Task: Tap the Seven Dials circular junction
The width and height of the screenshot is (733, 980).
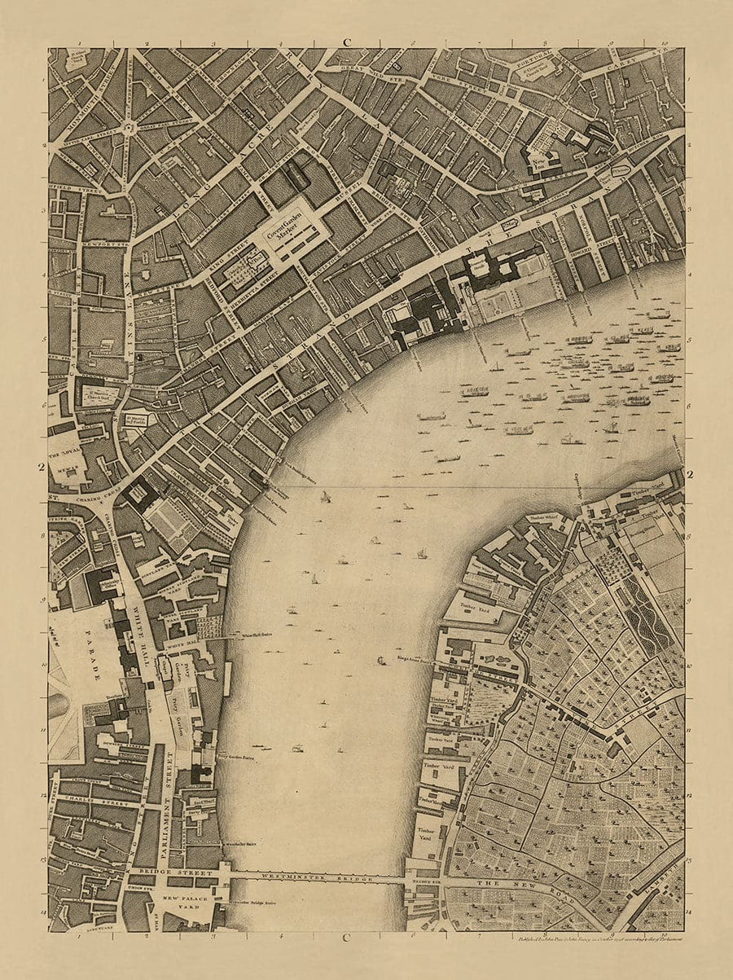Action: click(x=128, y=127)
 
